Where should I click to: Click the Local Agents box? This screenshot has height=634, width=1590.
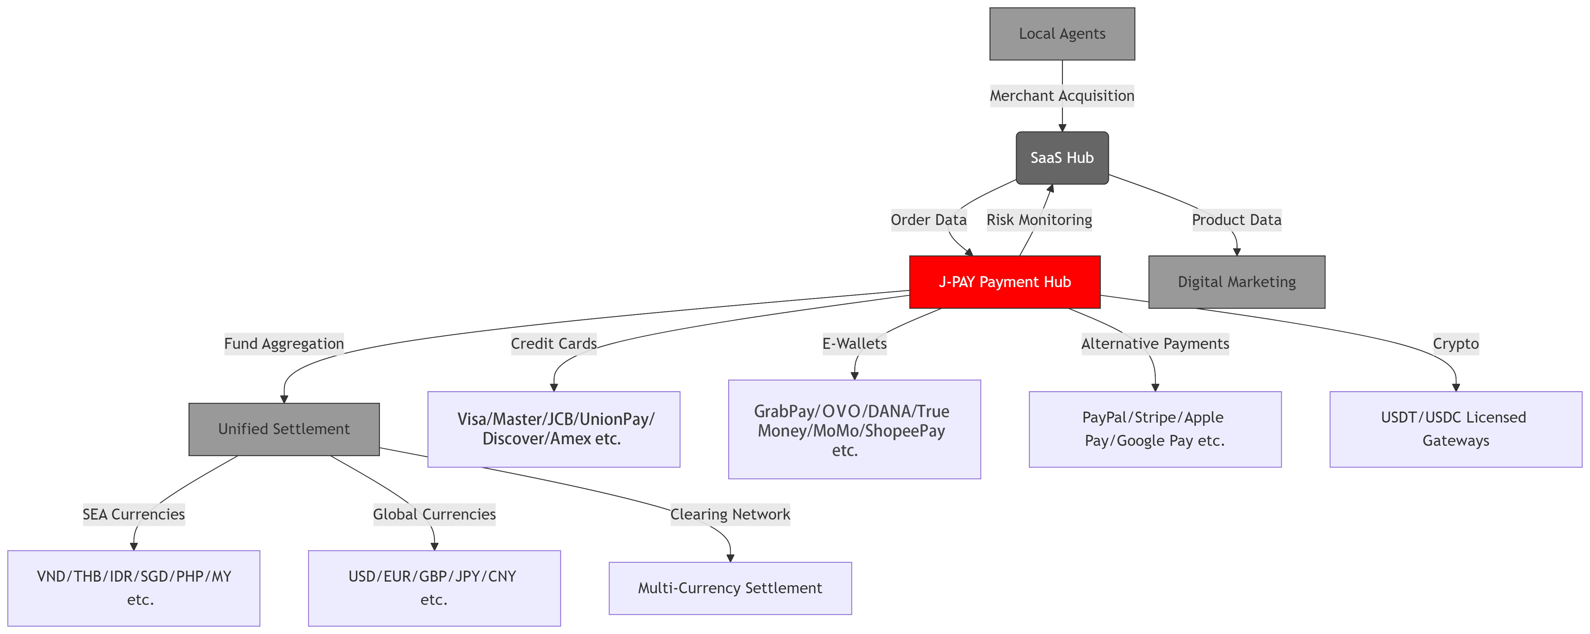tap(1062, 34)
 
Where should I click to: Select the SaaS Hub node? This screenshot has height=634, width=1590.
tap(1062, 158)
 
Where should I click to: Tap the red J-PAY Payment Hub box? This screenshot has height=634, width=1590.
tap(1004, 282)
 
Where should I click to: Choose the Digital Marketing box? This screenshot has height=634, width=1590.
tap(1236, 282)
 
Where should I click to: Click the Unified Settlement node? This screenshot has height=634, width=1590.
tap(284, 429)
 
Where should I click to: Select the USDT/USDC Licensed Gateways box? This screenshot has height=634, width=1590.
tap(1455, 429)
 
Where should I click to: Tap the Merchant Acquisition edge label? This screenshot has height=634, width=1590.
tap(1062, 96)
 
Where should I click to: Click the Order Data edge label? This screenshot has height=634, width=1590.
tap(928, 220)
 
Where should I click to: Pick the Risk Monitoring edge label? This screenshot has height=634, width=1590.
tap(1039, 220)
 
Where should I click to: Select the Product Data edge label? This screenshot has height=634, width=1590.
tap(1236, 220)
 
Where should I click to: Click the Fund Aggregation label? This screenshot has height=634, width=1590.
tap(284, 344)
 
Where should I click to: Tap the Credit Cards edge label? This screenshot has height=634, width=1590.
tap(554, 344)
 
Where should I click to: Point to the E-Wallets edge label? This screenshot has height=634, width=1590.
tap(854, 344)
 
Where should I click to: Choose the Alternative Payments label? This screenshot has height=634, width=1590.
tap(1155, 344)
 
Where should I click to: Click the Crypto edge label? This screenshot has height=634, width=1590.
tap(1455, 344)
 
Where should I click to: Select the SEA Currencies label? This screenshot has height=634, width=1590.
tap(133, 514)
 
